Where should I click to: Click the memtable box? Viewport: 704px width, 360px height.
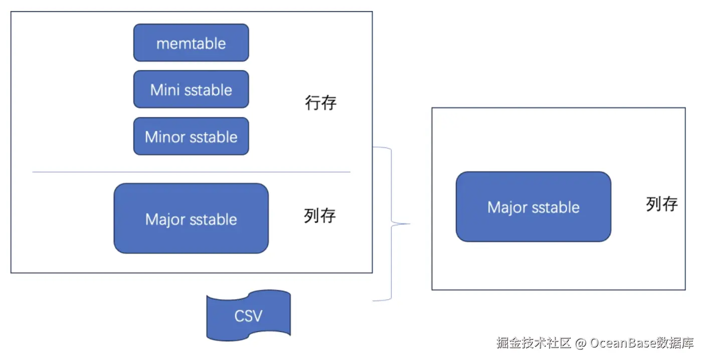pyautogui.click(x=191, y=43)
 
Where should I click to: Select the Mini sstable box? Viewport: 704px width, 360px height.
pyautogui.click(x=191, y=89)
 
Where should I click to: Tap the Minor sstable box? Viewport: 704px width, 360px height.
pyautogui.click(x=191, y=136)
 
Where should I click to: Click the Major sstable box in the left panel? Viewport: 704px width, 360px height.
pyautogui.click(x=191, y=219)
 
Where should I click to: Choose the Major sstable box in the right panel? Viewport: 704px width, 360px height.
pyautogui.click(x=533, y=207)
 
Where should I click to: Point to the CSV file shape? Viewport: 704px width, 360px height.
pyautogui.click(x=248, y=316)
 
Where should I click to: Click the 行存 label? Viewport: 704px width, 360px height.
pyautogui.click(x=321, y=103)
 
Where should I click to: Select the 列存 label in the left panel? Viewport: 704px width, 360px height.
pyautogui.click(x=320, y=216)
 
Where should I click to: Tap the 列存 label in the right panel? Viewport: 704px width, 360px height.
pyautogui.click(x=662, y=204)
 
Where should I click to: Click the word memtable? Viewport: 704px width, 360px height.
pyautogui.click(x=191, y=43)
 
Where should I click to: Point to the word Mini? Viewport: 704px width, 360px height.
pyautogui.click(x=164, y=90)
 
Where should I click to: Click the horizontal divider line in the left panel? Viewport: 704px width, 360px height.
pyautogui.click(x=191, y=172)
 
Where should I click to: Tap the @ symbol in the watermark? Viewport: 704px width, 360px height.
pyautogui.click(x=581, y=343)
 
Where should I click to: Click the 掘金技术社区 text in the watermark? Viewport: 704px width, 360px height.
pyautogui.click(x=534, y=343)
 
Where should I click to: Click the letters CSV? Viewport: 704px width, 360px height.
pyautogui.click(x=248, y=316)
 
